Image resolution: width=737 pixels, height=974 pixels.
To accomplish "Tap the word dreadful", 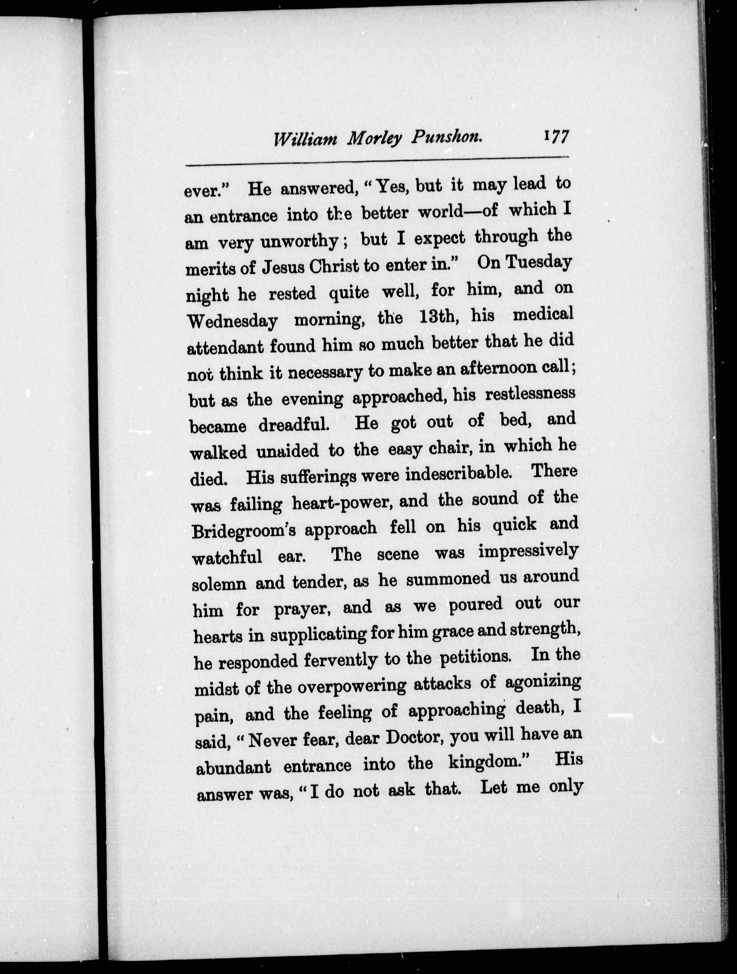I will (x=293, y=425).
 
